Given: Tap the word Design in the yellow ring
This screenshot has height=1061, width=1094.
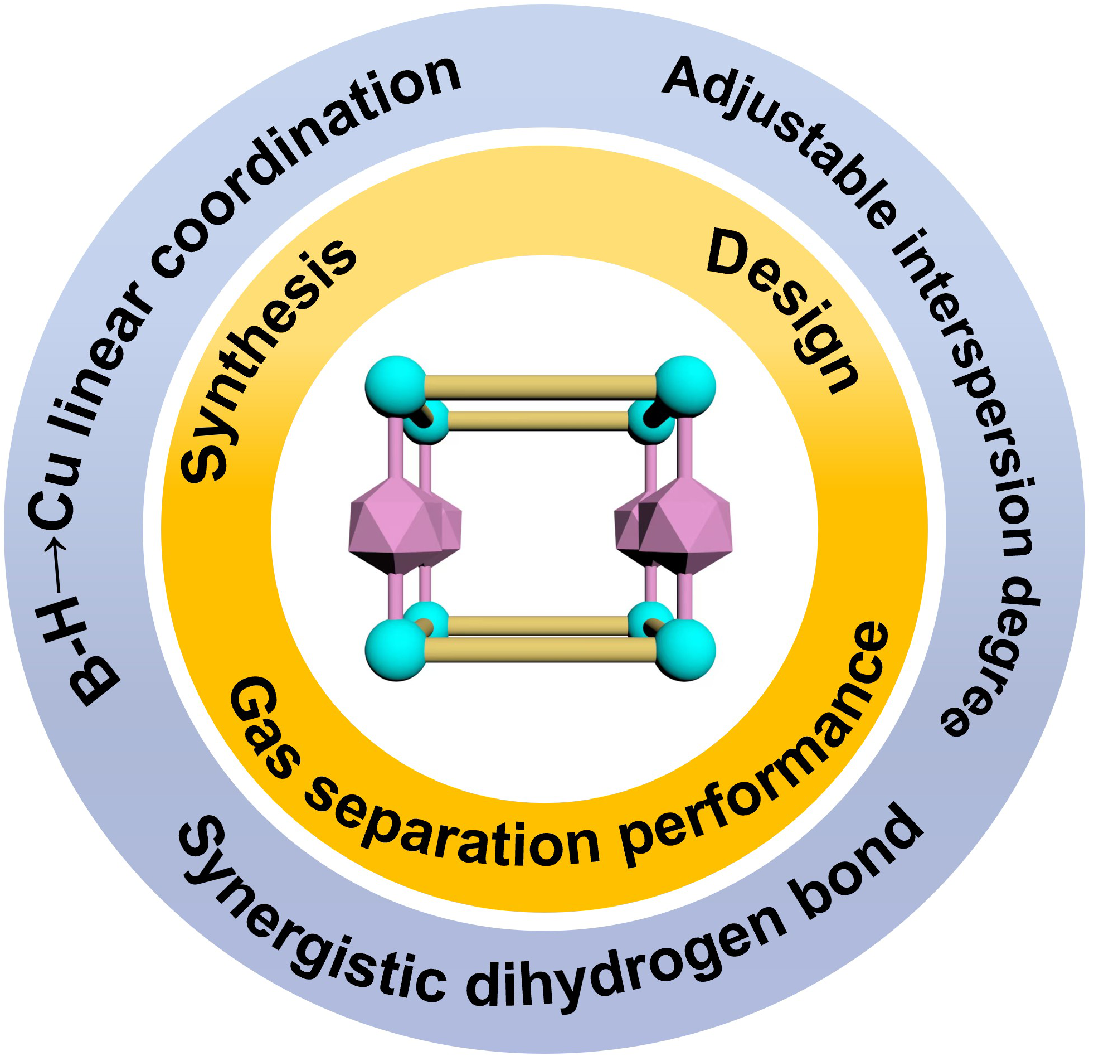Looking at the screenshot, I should point(781,313).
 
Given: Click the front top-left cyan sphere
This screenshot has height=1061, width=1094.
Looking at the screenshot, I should point(395,385).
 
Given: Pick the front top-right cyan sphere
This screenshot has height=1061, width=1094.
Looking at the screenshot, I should point(685,385).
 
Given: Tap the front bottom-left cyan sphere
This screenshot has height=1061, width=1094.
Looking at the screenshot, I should point(395,649).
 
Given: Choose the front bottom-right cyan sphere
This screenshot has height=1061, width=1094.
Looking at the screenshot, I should point(685,649).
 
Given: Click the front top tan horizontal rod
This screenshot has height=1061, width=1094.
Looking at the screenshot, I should point(540,386).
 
